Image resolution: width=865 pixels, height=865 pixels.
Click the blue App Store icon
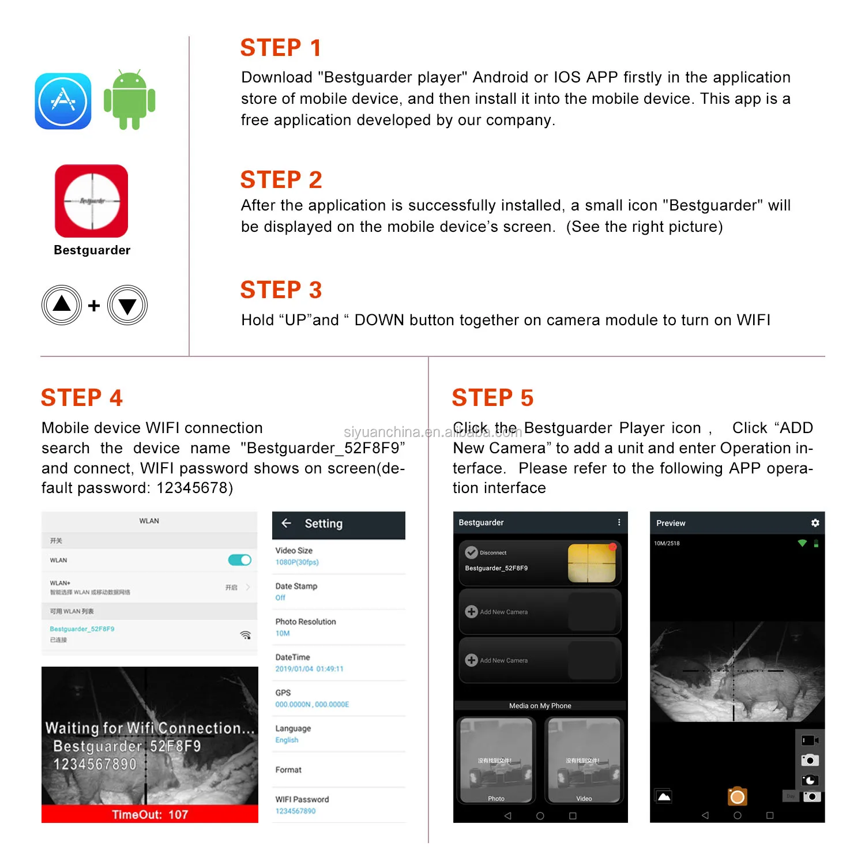[x=63, y=101]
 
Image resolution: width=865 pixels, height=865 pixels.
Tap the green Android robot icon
[x=129, y=100]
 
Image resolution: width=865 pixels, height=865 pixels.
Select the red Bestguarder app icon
[x=92, y=201]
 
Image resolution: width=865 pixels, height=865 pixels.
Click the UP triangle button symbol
[x=62, y=305]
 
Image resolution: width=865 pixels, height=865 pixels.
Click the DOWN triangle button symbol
[x=127, y=306]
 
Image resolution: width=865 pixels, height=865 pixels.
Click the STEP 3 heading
[x=281, y=289]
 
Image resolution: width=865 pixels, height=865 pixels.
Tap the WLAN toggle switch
[x=239, y=560]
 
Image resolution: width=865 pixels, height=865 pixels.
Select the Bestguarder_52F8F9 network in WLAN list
[x=82, y=629]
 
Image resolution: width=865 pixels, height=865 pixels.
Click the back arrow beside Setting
[x=286, y=523]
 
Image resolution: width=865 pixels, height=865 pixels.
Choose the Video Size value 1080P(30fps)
[x=297, y=562]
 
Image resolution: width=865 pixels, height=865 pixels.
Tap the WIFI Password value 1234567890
[x=295, y=811]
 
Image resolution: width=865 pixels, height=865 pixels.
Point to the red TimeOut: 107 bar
[x=149, y=814]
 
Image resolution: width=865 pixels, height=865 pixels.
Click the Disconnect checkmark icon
[x=471, y=552]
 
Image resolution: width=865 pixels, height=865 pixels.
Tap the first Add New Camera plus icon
[x=471, y=612]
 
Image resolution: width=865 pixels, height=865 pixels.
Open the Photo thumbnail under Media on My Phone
[x=496, y=760]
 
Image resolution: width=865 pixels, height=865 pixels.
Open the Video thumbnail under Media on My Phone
[x=584, y=760]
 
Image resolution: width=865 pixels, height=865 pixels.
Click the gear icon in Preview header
[x=815, y=522]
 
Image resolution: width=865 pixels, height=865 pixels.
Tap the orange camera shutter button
[x=737, y=797]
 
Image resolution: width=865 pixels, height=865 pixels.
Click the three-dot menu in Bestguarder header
[x=619, y=522]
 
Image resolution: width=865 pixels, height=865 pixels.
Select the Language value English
[x=287, y=740]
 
